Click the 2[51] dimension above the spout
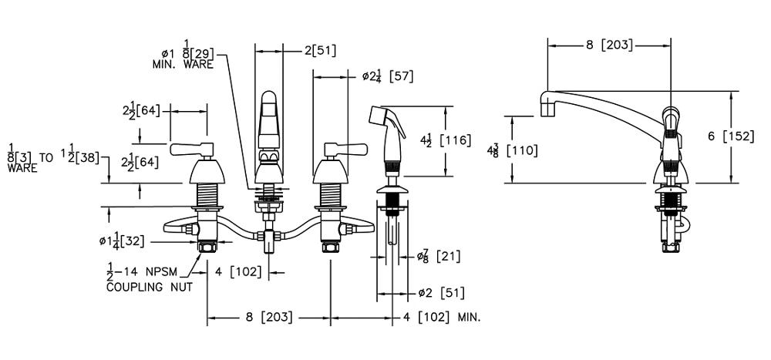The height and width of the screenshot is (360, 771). tap(319, 51)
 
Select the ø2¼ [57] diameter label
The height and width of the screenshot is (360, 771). tap(389, 76)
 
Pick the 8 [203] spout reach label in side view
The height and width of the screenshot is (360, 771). tap(608, 45)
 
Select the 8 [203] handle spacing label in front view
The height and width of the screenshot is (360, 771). tap(268, 317)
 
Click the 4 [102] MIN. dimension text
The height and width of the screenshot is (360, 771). tap(442, 317)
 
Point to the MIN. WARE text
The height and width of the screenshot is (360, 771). tap(183, 66)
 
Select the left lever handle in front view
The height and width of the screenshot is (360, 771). tap(189, 148)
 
